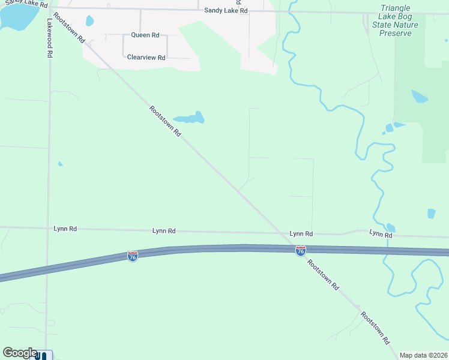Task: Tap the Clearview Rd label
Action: (146, 58)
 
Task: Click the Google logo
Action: (20, 353)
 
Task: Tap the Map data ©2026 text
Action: (423, 355)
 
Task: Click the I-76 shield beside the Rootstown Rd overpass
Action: (301, 250)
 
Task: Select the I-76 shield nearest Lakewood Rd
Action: (133, 256)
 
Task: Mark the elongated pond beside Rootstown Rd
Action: (189, 118)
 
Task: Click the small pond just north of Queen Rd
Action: (90, 21)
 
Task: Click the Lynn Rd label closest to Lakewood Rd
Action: (65, 229)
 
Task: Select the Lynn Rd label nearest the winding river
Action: (381, 234)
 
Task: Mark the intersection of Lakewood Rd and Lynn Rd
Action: (49, 228)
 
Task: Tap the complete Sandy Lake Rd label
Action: (226, 11)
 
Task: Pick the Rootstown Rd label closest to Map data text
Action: (376, 327)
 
